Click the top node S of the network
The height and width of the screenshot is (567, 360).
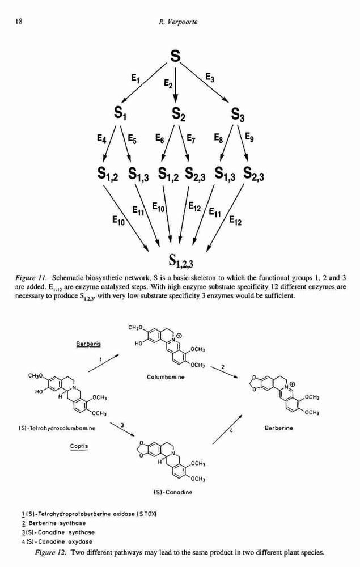175,56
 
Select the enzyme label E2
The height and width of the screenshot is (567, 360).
168,83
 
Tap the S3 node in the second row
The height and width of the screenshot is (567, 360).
238,115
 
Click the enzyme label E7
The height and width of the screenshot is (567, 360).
192,138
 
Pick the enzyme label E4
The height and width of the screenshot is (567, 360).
101,139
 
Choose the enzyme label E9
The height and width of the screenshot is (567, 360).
249,137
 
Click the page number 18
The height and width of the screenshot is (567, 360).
19,22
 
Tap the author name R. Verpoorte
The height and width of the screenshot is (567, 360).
178,22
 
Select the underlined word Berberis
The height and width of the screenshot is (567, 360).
88,344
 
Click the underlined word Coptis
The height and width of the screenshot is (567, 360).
79,446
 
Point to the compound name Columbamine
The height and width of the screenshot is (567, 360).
166,377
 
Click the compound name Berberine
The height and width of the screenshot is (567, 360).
279,428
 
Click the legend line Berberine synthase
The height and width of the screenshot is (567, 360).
54,523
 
